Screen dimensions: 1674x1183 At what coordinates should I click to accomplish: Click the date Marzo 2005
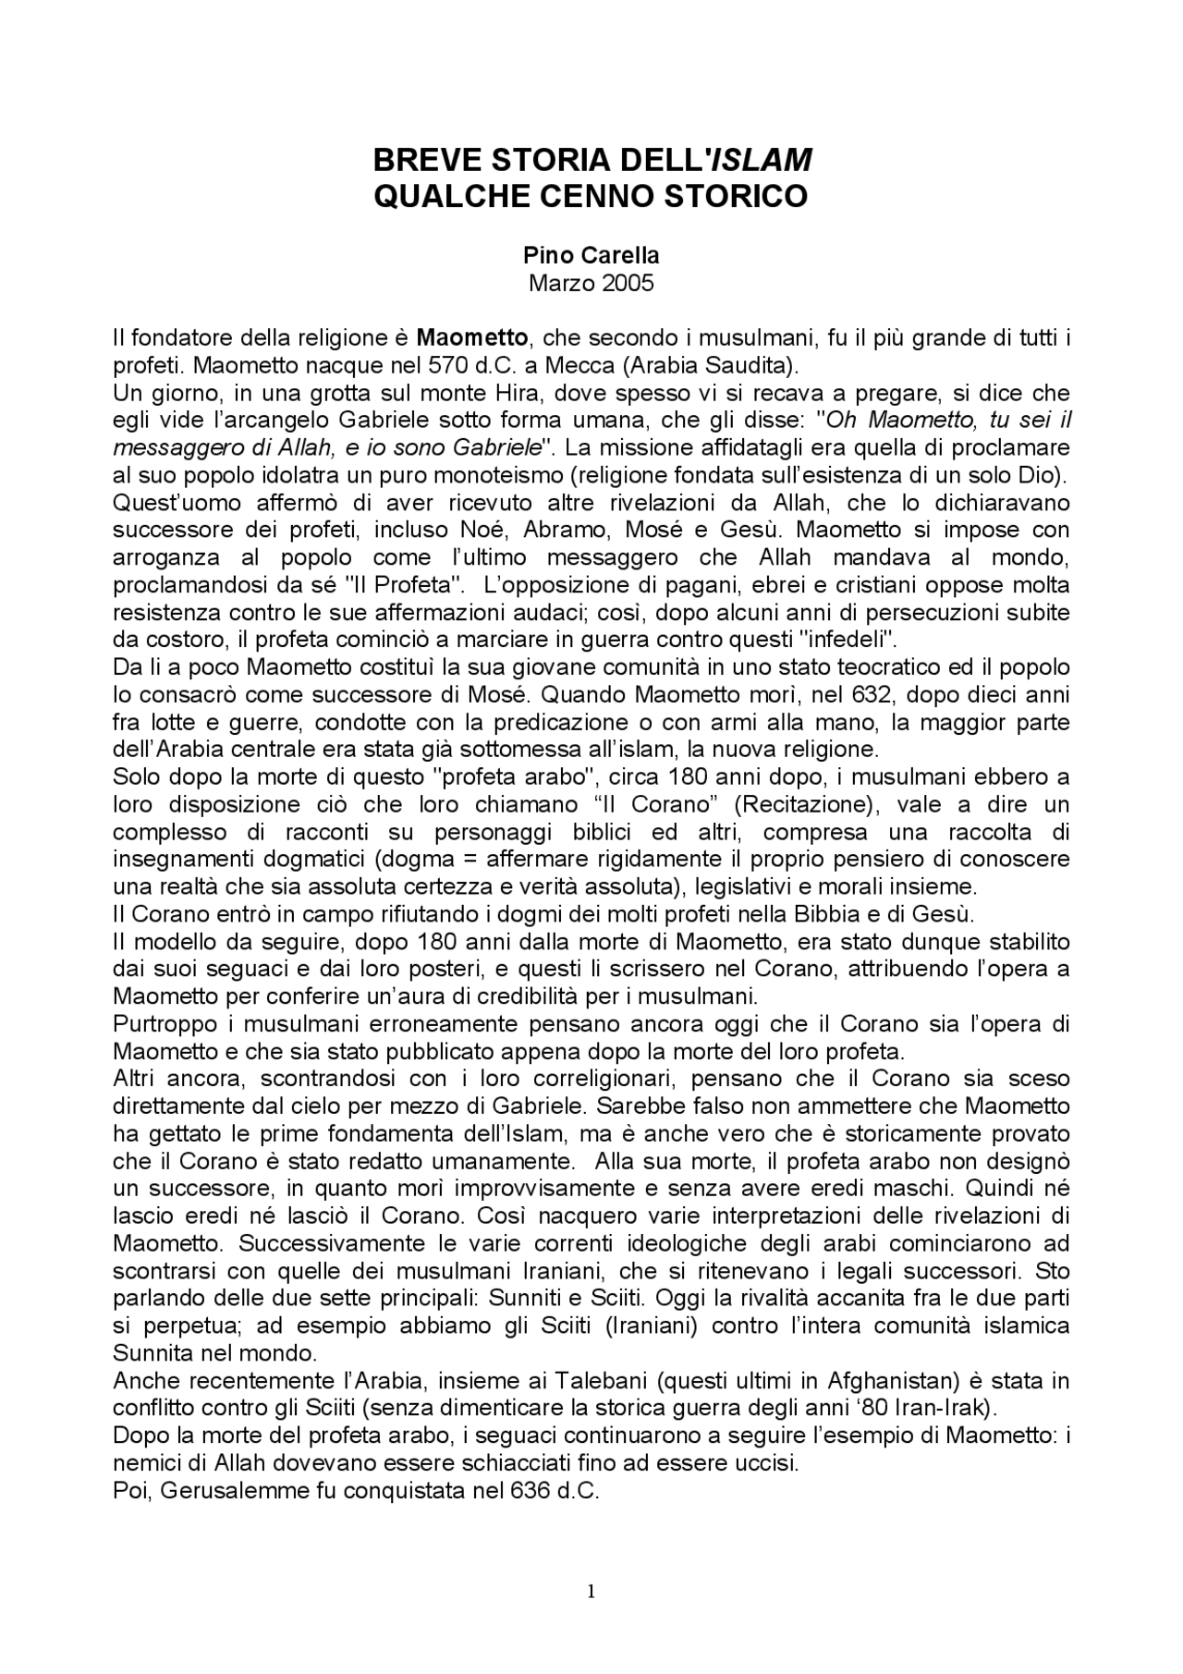tap(591, 283)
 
